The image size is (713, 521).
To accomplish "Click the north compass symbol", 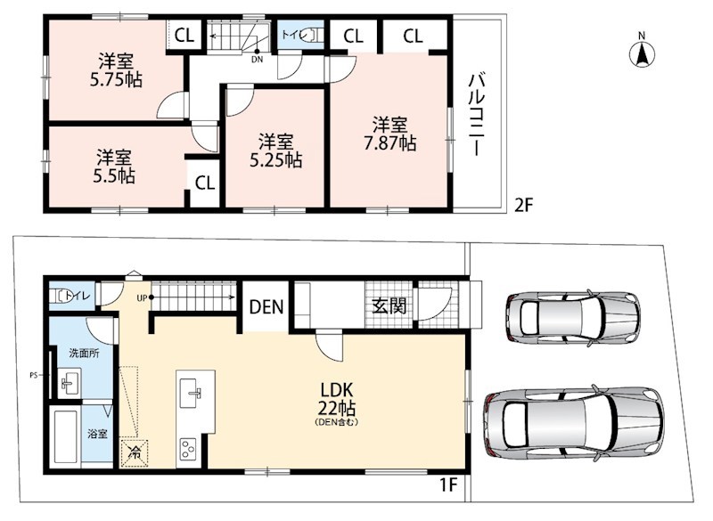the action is click(x=642, y=53).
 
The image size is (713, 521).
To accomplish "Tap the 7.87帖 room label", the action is click(x=389, y=134).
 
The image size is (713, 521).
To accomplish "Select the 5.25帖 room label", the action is click(x=276, y=151).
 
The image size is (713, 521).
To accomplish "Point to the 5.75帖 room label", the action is click(x=116, y=70).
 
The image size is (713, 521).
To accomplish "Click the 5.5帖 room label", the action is click(x=114, y=167).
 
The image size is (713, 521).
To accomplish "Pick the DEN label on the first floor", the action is click(x=266, y=307).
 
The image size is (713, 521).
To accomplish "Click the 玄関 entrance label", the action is click(x=389, y=305).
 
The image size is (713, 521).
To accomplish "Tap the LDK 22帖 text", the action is click(x=337, y=400).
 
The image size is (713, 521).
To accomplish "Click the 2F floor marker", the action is click(x=523, y=206).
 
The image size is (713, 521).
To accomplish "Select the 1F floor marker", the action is click(x=447, y=485).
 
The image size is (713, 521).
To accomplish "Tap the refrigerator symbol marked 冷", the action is click(x=135, y=452).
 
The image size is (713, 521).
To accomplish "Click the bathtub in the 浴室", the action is click(x=65, y=436).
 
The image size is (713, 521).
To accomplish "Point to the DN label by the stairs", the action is click(x=257, y=60).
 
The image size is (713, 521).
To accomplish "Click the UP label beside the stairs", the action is click(x=142, y=298).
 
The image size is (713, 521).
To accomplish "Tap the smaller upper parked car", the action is click(x=572, y=318).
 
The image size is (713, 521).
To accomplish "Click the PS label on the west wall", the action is click(x=33, y=376).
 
